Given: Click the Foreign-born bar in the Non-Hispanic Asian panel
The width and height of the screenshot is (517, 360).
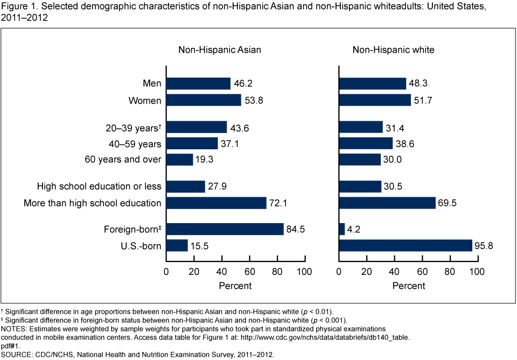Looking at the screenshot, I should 225,229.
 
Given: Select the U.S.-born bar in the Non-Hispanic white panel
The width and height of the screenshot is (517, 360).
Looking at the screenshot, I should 405,246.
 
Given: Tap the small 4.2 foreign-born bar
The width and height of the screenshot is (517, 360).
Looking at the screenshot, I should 342,229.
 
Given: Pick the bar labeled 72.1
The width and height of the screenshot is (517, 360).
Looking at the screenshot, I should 216,203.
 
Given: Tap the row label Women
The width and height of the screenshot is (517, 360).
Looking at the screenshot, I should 145,100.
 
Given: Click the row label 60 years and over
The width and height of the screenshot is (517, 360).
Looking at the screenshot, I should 123,160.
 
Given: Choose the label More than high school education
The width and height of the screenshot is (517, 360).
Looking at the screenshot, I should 93,203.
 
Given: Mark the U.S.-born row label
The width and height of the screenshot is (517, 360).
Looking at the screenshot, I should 142,246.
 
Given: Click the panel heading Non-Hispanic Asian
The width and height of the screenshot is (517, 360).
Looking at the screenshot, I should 220,50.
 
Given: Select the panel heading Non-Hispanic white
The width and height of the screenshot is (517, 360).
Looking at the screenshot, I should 394,50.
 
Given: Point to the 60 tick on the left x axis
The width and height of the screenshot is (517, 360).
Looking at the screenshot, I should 249,271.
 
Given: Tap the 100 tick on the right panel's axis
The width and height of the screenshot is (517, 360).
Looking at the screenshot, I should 477,271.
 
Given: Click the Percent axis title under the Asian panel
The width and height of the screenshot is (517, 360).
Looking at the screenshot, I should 235,286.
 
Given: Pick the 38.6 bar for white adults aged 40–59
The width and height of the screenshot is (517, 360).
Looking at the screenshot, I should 366,143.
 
